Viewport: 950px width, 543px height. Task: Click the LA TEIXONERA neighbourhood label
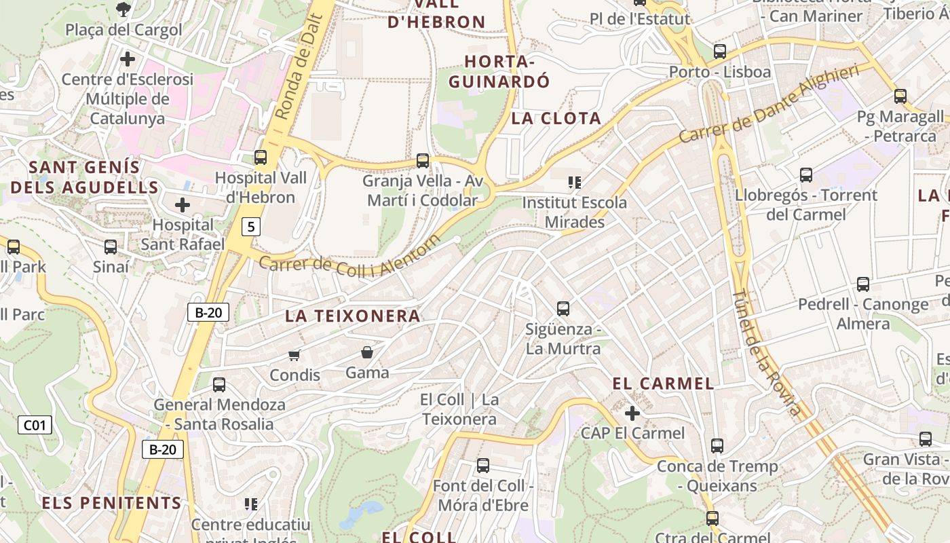coord(353,316)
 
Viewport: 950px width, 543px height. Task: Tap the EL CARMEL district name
coord(663,383)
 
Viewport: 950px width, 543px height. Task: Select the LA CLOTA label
coord(556,118)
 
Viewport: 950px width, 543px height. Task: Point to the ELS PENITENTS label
coord(112,503)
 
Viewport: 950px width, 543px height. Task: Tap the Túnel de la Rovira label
coord(767,353)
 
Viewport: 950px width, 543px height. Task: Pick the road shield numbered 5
coord(251,227)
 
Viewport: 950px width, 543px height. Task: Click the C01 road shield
coord(34,426)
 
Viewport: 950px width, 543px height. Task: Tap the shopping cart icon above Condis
coord(294,355)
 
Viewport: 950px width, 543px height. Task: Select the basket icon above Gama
coord(367,352)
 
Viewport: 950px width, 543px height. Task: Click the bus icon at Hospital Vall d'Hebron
coord(260,157)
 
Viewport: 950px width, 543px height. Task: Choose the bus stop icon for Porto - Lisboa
coord(720,51)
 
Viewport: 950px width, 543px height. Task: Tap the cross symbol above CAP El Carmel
coord(632,413)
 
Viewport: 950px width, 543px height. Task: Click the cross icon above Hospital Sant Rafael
coord(182,204)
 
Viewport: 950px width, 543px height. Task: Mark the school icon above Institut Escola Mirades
coord(575,182)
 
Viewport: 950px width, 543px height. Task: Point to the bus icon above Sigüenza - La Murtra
coord(563,309)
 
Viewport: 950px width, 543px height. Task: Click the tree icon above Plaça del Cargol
coord(123,9)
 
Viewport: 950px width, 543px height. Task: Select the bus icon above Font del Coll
coord(482,466)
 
